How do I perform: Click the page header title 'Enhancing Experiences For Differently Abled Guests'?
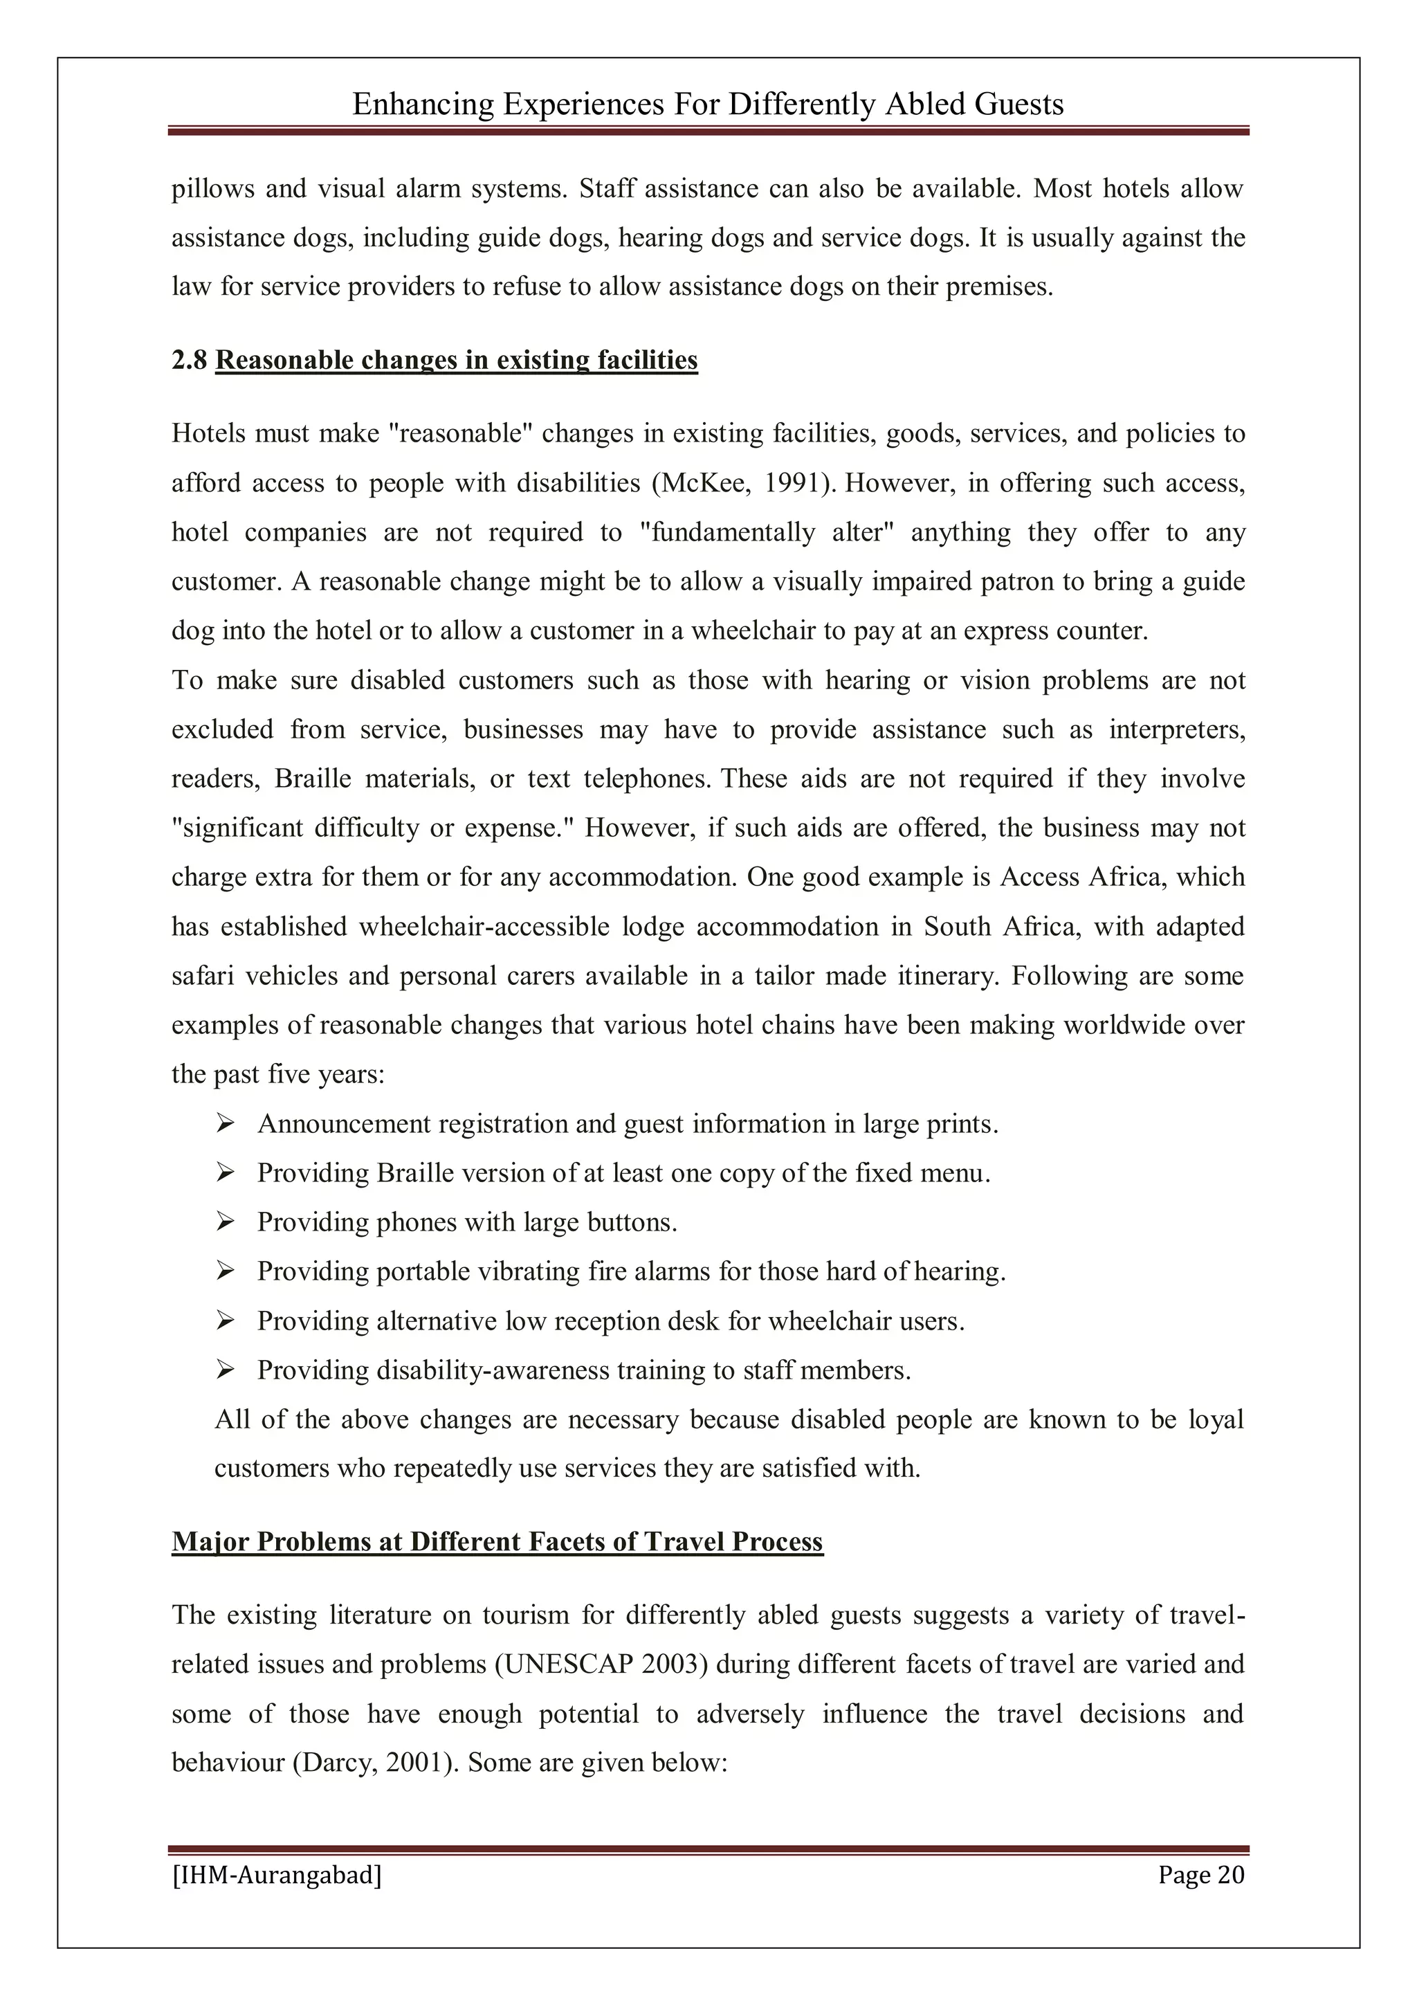(707, 105)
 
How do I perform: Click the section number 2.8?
(189, 360)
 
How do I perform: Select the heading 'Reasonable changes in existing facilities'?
(456, 360)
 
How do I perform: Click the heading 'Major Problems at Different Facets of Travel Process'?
(497, 1541)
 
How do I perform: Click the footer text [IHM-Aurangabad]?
(277, 1875)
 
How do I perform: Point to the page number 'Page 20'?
(1200, 1875)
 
